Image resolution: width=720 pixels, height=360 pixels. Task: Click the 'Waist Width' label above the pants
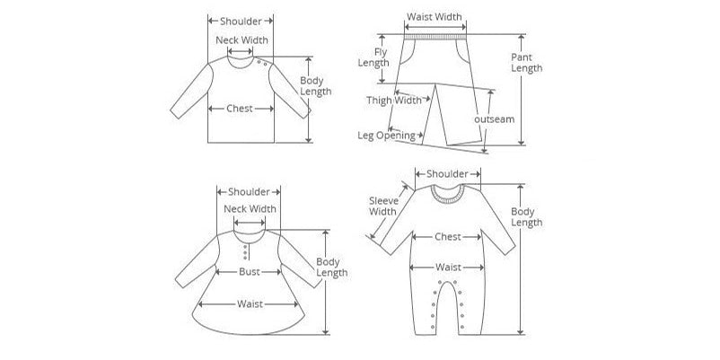click(x=435, y=17)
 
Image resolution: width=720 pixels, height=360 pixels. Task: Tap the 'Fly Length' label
click(x=373, y=57)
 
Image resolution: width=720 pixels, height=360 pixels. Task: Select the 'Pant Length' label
click(x=527, y=63)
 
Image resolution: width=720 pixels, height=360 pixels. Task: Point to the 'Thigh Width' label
click(x=394, y=101)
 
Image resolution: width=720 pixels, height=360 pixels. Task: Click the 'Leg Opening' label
click(x=386, y=136)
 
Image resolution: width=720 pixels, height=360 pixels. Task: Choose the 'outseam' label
click(x=494, y=119)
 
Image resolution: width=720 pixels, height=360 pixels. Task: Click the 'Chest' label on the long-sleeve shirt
click(x=240, y=109)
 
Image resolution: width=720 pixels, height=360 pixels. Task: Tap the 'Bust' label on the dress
click(x=250, y=272)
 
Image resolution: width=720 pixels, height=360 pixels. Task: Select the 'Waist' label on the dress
click(x=250, y=304)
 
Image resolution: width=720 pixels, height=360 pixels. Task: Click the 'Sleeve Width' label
click(x=383, y=206)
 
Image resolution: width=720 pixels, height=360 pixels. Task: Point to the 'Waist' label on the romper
click(x=448, y=268)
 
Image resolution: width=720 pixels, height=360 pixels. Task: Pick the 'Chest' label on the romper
click(x=448, y=237)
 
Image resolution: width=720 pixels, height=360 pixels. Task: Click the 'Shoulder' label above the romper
click(x=447, y=174)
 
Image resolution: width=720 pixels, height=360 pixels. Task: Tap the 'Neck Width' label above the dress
click(x=250, y=209)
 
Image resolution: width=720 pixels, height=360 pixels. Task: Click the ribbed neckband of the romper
click(x=448, y=197)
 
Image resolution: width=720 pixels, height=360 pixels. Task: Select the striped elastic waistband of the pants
click(x=435, y=36)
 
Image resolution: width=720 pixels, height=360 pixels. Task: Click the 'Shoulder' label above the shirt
click(x=241, y=22)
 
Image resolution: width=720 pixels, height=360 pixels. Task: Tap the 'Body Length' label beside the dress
click(x=331, y=268)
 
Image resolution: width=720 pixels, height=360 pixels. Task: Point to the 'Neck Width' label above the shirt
click(x=241, y=40)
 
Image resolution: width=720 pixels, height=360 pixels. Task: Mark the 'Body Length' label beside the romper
click(x=527, y=217)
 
